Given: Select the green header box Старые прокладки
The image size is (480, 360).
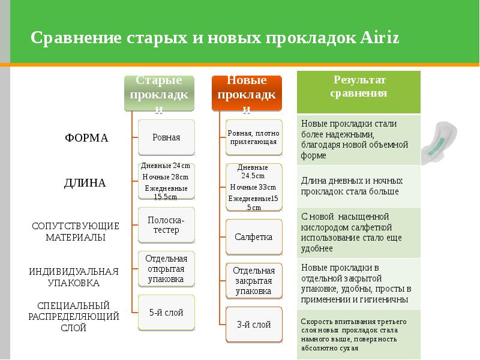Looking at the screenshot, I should (159, 93).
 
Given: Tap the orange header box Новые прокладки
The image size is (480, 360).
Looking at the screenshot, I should (247, 93).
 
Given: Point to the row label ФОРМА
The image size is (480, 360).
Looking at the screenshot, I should (86, 138).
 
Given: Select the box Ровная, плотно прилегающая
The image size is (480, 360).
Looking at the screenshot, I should (253, 137).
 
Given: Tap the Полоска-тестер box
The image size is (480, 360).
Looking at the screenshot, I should (166, 225).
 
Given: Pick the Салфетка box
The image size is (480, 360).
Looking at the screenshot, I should (253, 237).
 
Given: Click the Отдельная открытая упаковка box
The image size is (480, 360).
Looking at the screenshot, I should (166, 268).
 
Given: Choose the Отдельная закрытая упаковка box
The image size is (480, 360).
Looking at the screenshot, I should (253, 280).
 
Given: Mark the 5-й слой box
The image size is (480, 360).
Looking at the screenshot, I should (166, 313).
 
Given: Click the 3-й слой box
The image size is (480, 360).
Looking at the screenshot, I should (253, 325).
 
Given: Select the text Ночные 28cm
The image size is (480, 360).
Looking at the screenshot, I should (166, 177).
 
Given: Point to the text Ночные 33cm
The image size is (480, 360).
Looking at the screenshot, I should (253, 187).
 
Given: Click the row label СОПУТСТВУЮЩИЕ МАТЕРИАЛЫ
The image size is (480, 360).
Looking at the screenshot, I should (76, 232).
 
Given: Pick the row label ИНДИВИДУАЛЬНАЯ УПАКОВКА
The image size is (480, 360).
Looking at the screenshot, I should (74, 277).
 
